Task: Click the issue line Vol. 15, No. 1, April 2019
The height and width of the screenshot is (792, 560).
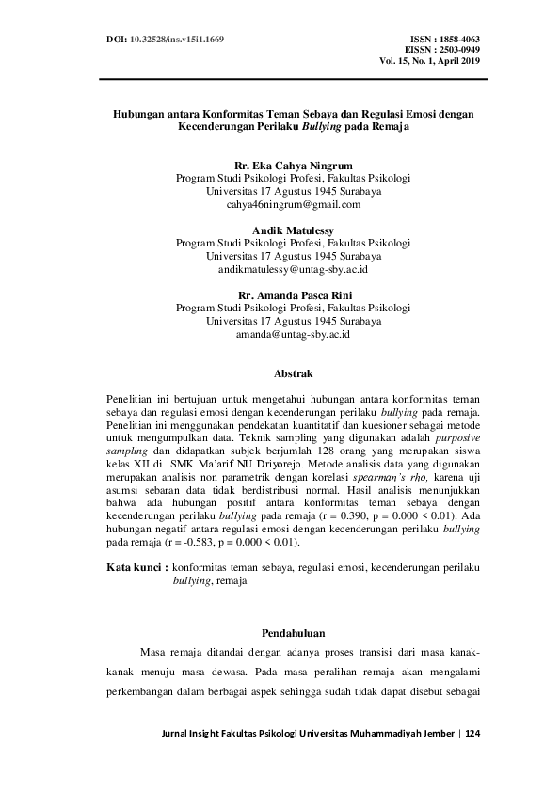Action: pyautogui.click(x=430, y=61)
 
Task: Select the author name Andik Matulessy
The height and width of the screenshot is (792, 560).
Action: pyautogui.click(x=293, y=229)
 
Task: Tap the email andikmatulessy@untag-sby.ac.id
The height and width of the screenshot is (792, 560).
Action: pyautogui.click(x=293, y=269)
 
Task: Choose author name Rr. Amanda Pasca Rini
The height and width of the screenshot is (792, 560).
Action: pyautogui.click(x=293, y=294)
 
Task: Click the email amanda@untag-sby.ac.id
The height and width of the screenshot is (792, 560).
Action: pyautogui.click(x=293, y=334)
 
